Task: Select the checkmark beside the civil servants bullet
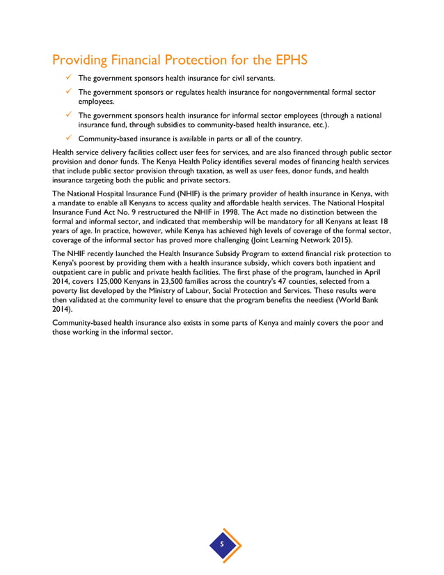pyautogui.click(x=69, y=77)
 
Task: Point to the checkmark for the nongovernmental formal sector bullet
pyautogui.click(x=69, y=92)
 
